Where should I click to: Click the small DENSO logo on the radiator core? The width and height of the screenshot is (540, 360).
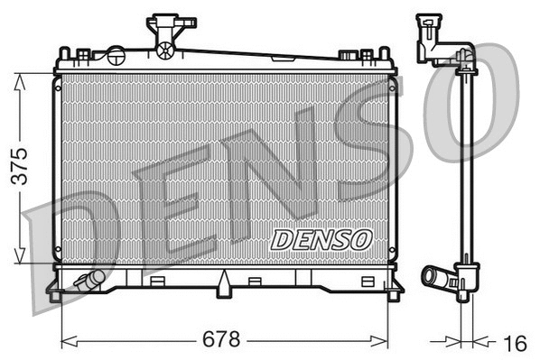321,239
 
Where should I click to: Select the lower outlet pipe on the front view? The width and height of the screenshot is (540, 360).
88,281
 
